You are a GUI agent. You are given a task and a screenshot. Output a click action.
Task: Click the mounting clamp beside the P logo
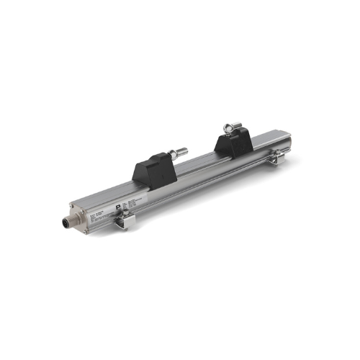click(120, 220)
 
